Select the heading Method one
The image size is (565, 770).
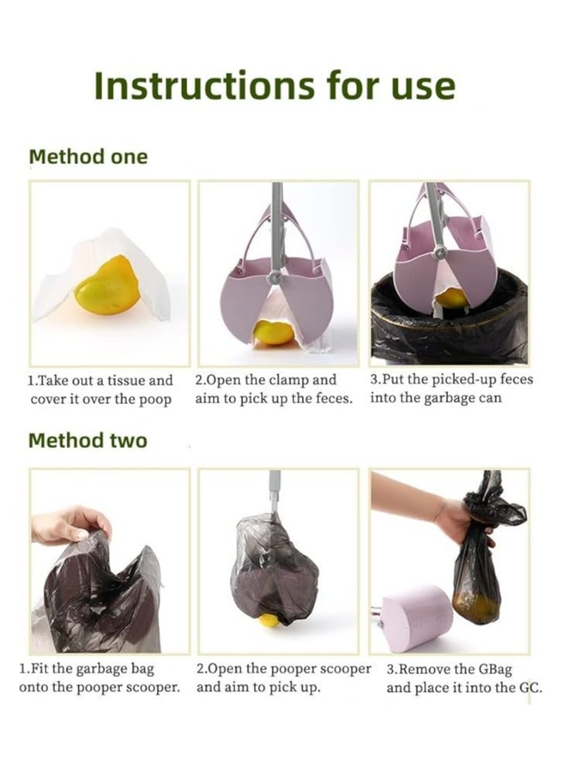tap(87, 156)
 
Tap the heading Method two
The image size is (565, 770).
tap(87, 440)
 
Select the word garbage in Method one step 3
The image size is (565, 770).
tap(442, 398)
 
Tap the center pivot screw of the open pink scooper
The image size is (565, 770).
tap(273, 277)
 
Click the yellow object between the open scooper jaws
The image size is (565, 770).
tap(275, 331)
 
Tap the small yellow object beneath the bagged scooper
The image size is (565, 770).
tap(269, 620)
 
